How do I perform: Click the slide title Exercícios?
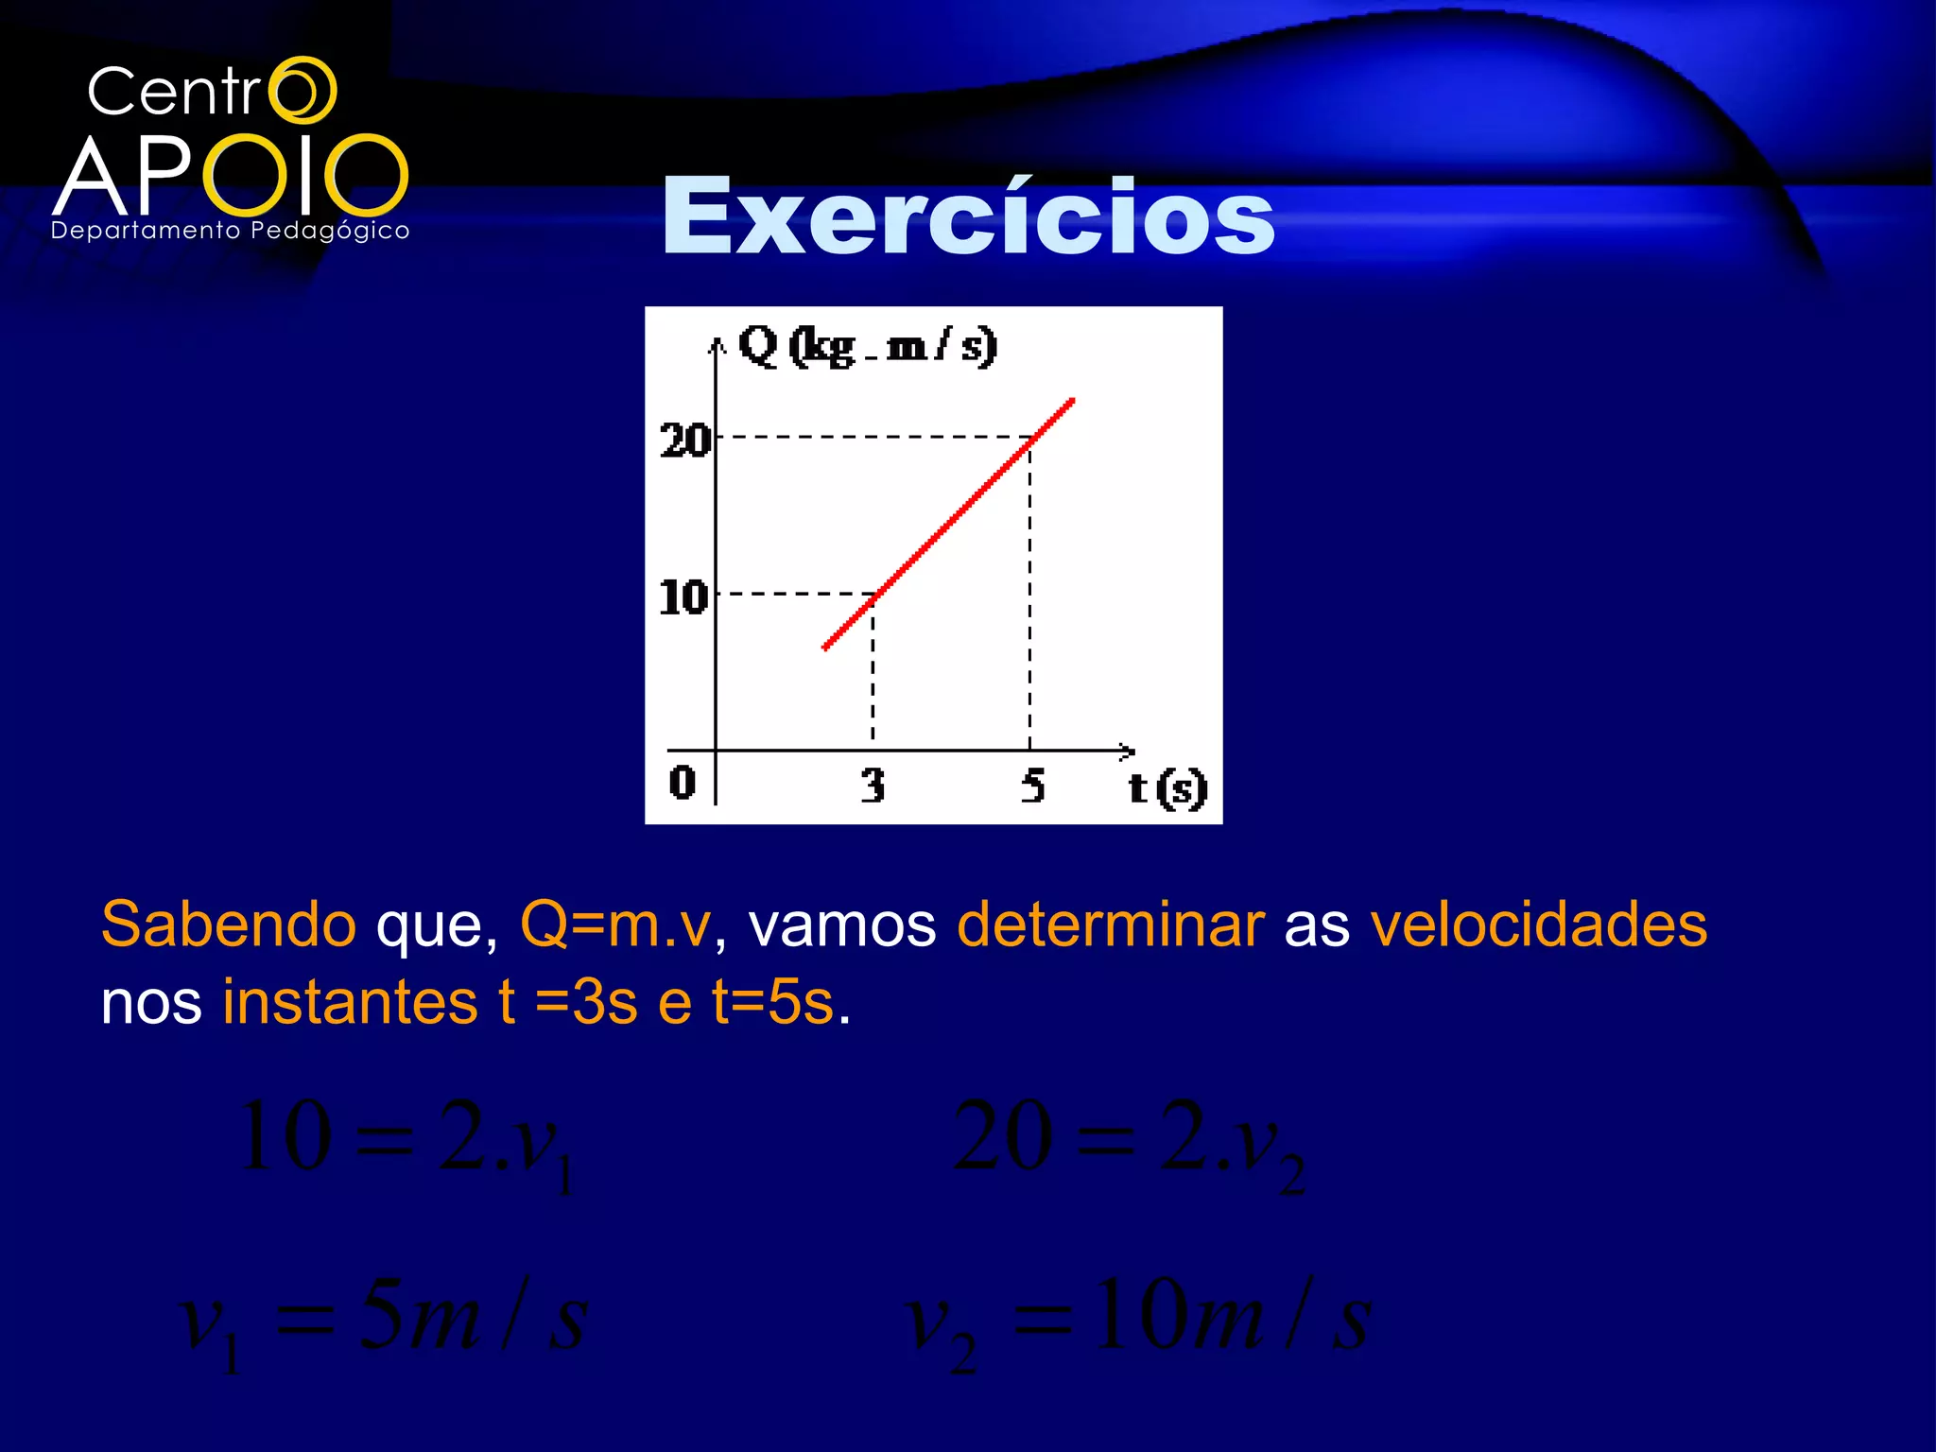[x=968, y=217]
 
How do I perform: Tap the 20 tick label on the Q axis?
[x=684, y=441]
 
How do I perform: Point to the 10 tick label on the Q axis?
[x=683, y=597]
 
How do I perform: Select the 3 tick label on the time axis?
[x=873, y=785]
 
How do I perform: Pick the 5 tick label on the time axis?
[x=1032, y=785]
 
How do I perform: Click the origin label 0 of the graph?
[x=682, y=782]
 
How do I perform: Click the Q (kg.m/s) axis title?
[x=867, y=346]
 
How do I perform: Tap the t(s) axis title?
[x=1167, y=787]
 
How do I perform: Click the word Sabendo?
[x=229, y=924]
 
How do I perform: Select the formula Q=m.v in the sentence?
[x=615, y=924]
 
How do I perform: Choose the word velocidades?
[x=1538, y=924]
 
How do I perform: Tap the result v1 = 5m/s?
[x=384, y=1319]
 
